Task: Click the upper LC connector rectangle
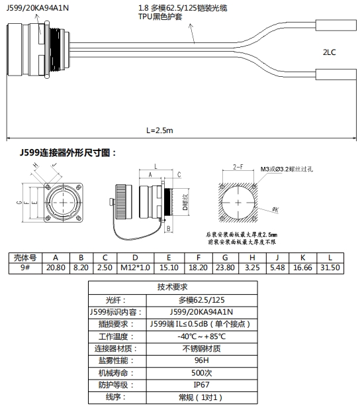[x=336, y=25]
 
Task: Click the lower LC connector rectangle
[x=336, y=74]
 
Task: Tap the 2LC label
[x=330, y=52]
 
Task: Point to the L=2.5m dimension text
[x=159, y=130]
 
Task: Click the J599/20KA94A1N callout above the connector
[x=38, y=8]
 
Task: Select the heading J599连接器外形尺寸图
[x=68, y=153]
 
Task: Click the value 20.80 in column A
[x=56, y=268]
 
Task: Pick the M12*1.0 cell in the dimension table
[x=135, y=268]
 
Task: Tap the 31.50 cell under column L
[x=330, y=268]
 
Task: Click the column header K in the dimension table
[x=302, y=258]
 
